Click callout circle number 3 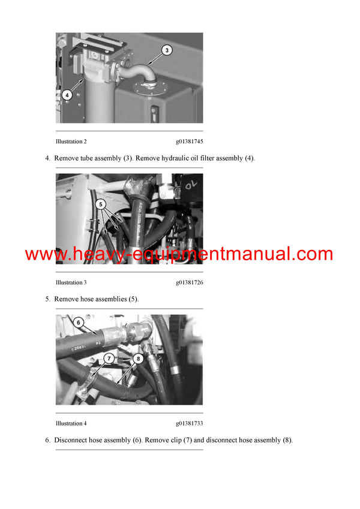pos(167,51)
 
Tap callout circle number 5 pos(103,203)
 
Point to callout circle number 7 pos(108,359)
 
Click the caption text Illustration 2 pos(71,141)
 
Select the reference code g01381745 pos(189,141)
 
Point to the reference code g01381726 pos(189,282)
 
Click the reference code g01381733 pos(189,423)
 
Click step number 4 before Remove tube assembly pos(47,158)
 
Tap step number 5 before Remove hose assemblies pos(47,299)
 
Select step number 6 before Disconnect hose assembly pos(47,440)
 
